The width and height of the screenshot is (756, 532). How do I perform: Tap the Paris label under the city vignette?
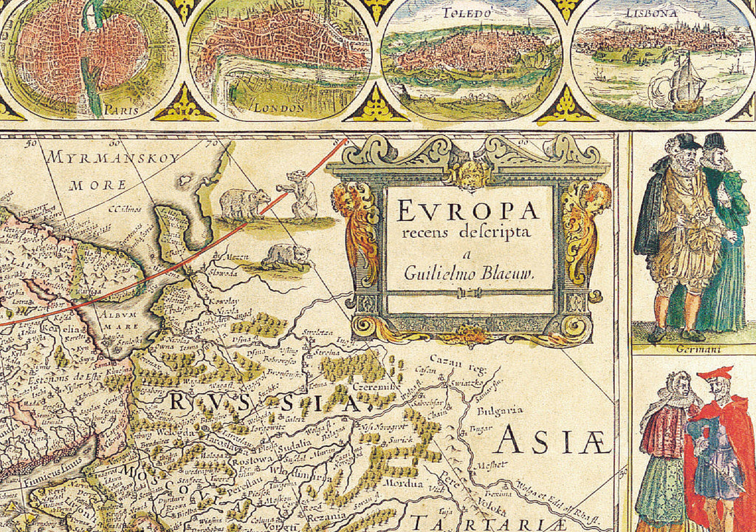coord(121,109)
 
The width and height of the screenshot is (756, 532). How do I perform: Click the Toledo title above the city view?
coord(467,13)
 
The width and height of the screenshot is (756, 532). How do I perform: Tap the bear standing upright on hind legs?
coord(301,194)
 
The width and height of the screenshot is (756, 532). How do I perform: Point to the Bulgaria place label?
coord(501,410)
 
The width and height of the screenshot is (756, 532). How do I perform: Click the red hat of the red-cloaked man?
coord(715,373)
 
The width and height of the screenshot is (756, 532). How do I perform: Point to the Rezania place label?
coord(326,516)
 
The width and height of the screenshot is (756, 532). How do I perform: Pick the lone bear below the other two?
coord(286,256)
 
